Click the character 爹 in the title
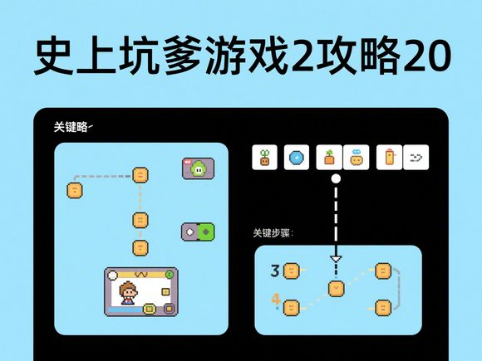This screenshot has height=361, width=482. point(183,56)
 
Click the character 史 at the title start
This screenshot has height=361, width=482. point(53,56)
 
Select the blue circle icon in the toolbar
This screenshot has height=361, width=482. point(297,158)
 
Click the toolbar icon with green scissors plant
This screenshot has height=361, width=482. point(264,158)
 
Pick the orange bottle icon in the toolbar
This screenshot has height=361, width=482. point(390,158)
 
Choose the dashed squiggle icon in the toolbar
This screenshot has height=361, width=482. point(416,158)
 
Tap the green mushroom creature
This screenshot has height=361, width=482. point(198,168)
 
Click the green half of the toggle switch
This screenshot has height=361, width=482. point(205,232)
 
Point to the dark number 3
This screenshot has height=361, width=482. point(275,271)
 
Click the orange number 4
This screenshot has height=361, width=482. point(276,300)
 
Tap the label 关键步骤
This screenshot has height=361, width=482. point(272,233)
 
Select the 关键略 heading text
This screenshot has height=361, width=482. point(71,127)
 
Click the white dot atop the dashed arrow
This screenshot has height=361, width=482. point(336,178)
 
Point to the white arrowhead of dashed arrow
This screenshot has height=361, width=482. point(336,258)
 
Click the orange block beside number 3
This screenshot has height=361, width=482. point(291,271)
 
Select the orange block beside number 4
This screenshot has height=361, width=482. point(291,308)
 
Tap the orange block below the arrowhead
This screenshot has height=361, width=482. point(336,289)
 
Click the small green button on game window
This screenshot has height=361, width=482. point(169,275)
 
